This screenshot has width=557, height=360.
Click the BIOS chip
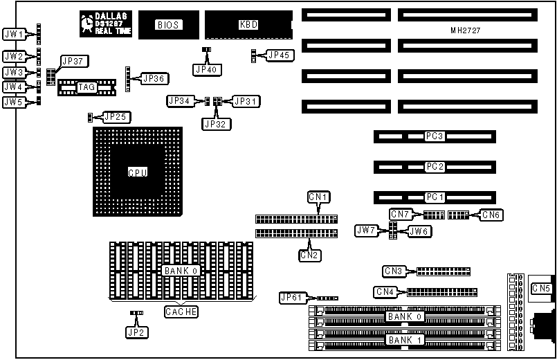167,25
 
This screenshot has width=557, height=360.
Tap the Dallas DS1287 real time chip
106,24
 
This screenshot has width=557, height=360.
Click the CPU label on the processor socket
137,172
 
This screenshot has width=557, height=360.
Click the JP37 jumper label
71,61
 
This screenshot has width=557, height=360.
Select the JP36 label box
153,78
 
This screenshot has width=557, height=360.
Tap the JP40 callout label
206,69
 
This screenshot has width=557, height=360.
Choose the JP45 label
280,55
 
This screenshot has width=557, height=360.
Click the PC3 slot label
435,136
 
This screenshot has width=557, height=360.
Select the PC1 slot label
435,197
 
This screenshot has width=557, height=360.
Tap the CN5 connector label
540,288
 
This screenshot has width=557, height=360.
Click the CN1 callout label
319,197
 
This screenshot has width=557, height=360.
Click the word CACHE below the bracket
181,312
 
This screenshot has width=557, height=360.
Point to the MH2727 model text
465,32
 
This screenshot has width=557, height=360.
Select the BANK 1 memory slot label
403,340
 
